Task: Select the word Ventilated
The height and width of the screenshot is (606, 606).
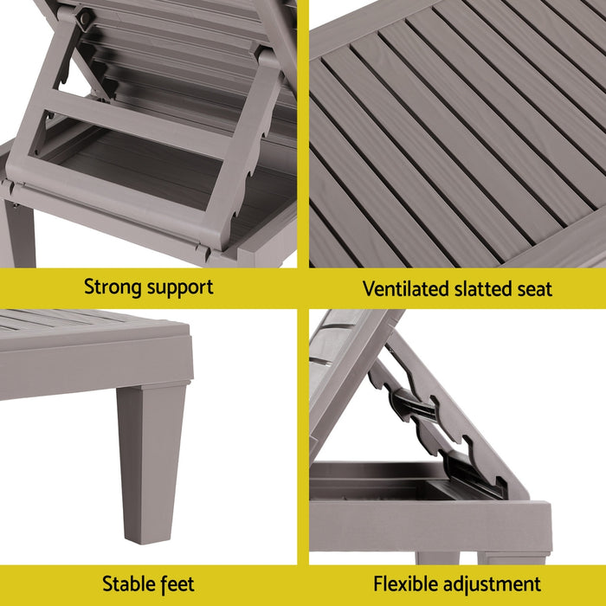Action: tap(403, 288)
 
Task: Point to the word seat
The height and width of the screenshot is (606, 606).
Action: tap(535, 288)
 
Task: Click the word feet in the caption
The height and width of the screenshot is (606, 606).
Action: tap(177, 584)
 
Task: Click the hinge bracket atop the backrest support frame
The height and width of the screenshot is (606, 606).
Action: tap(83, 17)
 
